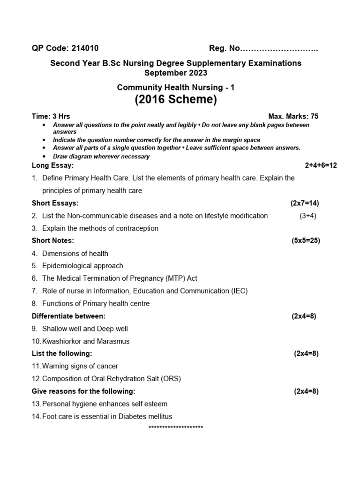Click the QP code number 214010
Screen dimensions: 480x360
click(84, 48)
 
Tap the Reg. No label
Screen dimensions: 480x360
click(224, 48)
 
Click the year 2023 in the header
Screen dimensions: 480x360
click(197, 73)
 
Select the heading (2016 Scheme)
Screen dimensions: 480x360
click(176, 100)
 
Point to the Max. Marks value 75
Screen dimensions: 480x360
click(314, 116)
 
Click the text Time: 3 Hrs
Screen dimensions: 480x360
click(51, 116)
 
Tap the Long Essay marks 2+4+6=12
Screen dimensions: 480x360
click(321, 165)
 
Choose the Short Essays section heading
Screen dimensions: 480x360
click(55, 203)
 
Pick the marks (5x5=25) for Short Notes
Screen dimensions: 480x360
click(306, 240)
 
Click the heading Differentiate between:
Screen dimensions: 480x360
click(68, 316)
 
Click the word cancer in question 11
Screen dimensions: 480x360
click(107, 366)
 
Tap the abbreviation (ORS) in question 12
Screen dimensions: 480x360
click(171, 379)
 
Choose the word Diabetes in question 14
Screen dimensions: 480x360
click(123, 416)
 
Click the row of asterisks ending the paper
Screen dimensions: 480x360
click(176, 427)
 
